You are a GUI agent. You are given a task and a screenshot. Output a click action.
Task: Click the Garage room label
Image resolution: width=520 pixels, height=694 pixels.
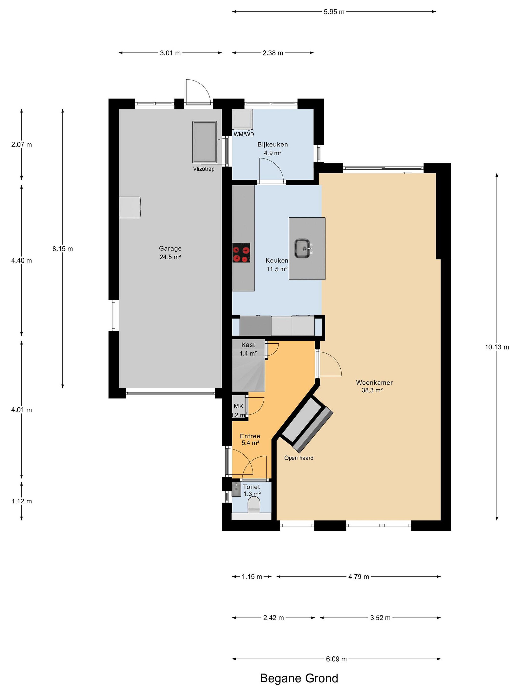(x=170, y=248)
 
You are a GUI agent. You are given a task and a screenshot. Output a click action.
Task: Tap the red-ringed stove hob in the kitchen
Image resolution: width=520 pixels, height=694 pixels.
(x=241, y=253)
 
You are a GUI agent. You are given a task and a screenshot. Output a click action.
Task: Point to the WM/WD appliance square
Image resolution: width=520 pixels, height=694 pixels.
(x=242, y=119)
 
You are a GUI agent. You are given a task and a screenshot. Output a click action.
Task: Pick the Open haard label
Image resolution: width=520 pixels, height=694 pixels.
(x=299, y=458)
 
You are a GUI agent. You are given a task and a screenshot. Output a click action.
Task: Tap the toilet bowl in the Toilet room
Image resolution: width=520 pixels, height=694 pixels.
(x=254, y=506)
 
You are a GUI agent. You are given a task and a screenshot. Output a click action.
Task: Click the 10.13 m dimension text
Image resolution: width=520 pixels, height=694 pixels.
(x=497, y=347)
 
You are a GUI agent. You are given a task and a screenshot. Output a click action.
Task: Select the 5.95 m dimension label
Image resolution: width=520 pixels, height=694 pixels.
(x=334, y=12)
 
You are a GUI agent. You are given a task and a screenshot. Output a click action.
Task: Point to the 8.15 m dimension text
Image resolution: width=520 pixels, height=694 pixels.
(x=63, y=249)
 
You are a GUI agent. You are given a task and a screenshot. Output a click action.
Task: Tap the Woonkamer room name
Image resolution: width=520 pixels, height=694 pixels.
(x=374, y=382)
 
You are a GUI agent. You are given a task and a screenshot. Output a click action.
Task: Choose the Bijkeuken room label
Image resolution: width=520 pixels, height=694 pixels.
(x=273, y=144)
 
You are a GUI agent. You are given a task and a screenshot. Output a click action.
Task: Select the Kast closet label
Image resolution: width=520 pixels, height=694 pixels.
(x=248, y=345)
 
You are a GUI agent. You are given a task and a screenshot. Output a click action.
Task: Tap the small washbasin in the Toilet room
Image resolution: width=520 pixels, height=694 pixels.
(x=236, y=489)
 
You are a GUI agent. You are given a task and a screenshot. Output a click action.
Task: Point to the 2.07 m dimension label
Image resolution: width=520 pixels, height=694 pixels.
(x=22, y=145)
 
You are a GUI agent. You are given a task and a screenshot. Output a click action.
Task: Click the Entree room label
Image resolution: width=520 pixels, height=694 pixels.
(x=250, y=436)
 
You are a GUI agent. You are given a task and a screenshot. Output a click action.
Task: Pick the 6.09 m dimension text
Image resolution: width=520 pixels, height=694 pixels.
(x=336, y=659)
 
